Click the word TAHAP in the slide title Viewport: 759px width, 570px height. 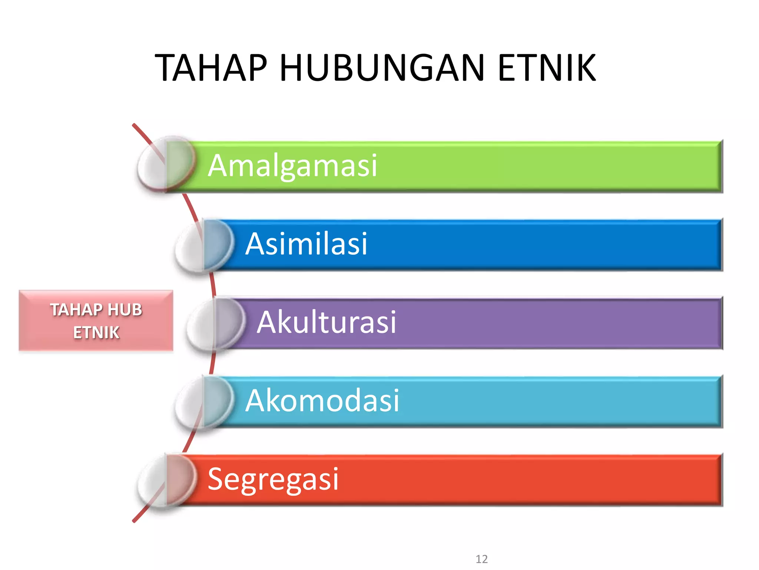tap(211, 68)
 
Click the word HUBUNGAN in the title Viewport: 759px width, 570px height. tap(382, 68)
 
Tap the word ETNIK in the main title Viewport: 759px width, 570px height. tap(547, 68)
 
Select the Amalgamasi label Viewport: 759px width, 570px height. tap(292, 166)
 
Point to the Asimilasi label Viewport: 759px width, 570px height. tap(306, 244)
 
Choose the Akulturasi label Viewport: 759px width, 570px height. tap(326, 322)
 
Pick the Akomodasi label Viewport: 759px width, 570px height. tap(322, 401)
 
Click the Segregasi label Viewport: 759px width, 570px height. tap(273, 479)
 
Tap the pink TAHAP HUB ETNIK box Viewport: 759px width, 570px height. tap(96, 321)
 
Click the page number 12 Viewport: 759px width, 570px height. tap(481, 559)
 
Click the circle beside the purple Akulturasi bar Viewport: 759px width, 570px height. tap(216, 324)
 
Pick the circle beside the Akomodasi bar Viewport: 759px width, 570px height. tap(204, 403)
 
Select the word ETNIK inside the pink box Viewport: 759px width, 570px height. tap(96, 332)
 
